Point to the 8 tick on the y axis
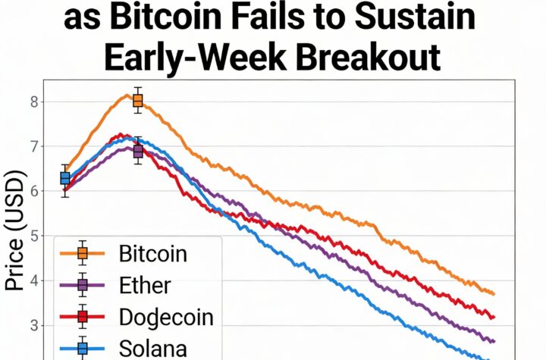pos(35,102)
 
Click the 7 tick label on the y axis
pos(35,146)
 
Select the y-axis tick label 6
pos(35,191)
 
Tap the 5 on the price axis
pos(35,236)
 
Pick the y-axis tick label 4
pos(35,280)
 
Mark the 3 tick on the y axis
pos(35,325)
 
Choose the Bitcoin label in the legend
pos(152,253)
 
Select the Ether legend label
pos(145,286)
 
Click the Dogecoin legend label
pos(166,318)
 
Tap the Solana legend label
pos(152,349)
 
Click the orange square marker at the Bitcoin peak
pos(137,101)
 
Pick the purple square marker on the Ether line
pos(137,152)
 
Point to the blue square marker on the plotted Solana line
pos(65,178)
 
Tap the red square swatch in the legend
pos(82,317)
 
